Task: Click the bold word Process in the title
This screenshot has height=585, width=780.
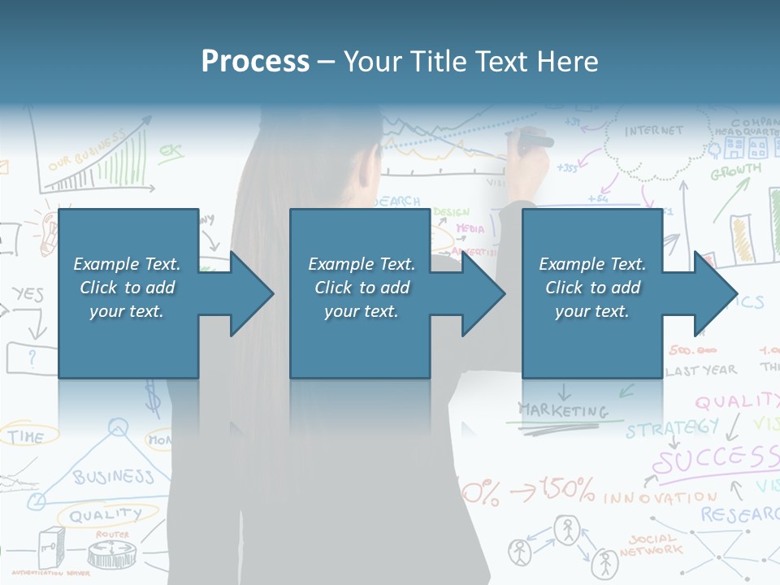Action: [x=255, y=62]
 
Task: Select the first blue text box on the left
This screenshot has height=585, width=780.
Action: [x=128, y=293]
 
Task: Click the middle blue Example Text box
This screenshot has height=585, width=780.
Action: [x=360, y=293]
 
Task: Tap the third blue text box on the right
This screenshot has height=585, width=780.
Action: [x=591, y=293]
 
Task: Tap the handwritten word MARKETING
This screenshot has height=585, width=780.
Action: [x=562, y=411]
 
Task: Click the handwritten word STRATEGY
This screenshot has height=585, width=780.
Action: [x=672, y=427]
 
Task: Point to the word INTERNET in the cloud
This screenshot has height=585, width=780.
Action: [x=654, y=131]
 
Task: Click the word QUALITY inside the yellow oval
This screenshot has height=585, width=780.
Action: [x=105, y=514]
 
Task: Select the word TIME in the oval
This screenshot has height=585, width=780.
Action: [x=27, y=437]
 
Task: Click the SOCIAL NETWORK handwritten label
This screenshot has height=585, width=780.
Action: [x=651, y=545]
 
